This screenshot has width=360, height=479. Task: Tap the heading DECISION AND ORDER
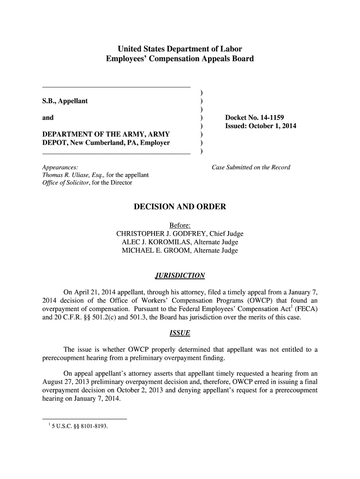[x=180, y=207]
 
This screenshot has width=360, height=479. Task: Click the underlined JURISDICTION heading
[x=180, y=275]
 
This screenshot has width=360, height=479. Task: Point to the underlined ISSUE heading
[x=180, y=334]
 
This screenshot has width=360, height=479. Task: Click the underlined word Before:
[x=180, y=225]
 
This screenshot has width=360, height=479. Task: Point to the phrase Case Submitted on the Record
[x=251, y=167]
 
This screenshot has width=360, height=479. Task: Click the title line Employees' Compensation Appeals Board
[x=180, y=59]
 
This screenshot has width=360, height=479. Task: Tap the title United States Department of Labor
[x=180, y=49]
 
